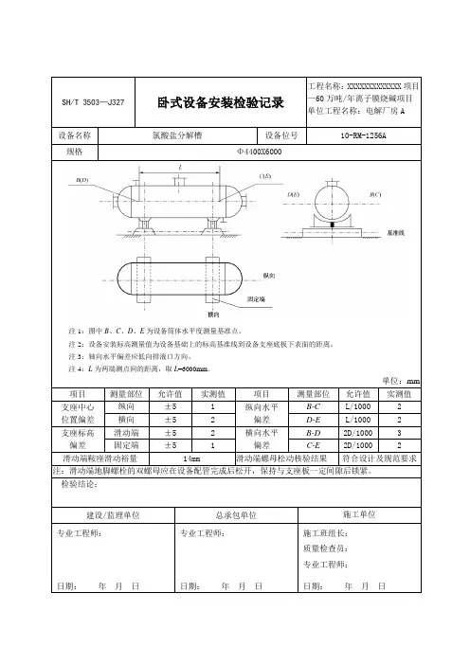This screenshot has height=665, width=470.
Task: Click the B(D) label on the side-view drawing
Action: click(82, 178)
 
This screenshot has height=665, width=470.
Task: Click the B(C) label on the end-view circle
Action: click(374, 193)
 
